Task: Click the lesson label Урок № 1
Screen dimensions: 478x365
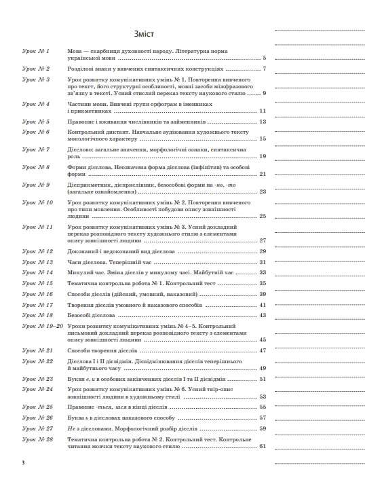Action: (x=36, y=51)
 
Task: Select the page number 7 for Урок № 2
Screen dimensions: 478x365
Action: (x=264, y=69)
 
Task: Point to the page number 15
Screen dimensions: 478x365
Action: (x=263, y=139)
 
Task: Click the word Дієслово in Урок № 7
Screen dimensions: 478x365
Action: (x=81, y=148)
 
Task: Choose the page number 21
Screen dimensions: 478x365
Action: (x=263, y=174)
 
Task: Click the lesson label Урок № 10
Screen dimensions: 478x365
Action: (x=37, y=202)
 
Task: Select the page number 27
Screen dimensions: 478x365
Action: (x=263, y=240)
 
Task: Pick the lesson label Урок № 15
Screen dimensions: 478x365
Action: (x=37, y=282)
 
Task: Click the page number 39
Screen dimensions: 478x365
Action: (x=263, y=294)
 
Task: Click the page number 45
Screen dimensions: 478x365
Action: (x=263, y=339)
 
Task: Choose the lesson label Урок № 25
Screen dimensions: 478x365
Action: (x=37, y=406)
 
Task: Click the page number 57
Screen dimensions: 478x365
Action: (x=263, y=418)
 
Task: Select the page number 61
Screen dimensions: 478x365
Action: (x=263, y=446)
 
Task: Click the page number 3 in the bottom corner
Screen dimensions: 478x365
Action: (x=23, y=462)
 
